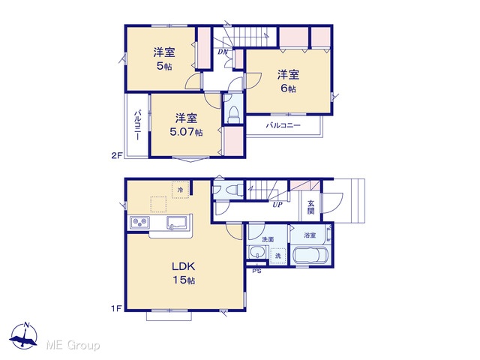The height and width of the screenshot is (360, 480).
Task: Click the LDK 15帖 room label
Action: click(184, 273)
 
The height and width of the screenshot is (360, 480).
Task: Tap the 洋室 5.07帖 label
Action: click(186, 125)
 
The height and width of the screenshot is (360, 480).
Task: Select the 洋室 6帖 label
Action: click(288, 82)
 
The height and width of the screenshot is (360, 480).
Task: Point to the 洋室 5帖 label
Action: click(164, 58)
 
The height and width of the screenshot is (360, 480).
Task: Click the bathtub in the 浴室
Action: click(310, 254)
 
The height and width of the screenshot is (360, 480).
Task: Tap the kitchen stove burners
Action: click(140, 222)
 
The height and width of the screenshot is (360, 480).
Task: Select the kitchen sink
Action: click(177, 223)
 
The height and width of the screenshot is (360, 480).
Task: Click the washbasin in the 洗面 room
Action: click(257, 253)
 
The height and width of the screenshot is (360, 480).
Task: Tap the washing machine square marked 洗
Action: click(278, 255)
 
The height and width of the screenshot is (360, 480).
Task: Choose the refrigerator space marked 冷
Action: click(180, 190)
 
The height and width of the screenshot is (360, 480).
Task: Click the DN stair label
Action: click(223, 52)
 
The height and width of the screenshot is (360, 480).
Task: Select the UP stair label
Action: click(277, 205)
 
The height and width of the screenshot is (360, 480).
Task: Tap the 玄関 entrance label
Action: click(310, 207)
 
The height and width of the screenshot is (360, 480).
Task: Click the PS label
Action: click(256, 271)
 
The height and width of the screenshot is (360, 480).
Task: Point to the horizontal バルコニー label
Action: click(283, 125)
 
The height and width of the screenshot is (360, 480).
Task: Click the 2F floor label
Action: click(117, 155)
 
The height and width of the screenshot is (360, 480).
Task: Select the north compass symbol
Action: click(23, 336)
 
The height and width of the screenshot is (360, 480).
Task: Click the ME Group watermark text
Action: click(73, 345)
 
